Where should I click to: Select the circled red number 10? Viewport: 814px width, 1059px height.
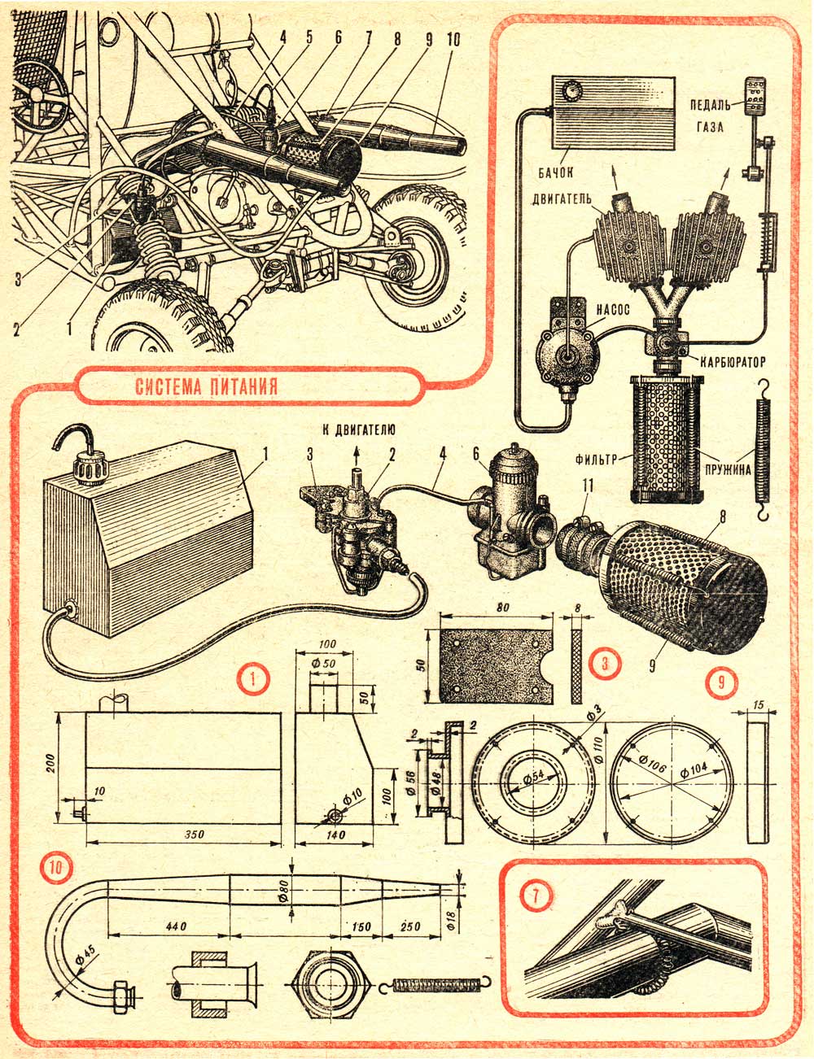[55, 868]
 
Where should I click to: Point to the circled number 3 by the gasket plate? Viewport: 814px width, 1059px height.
[603, 663]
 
